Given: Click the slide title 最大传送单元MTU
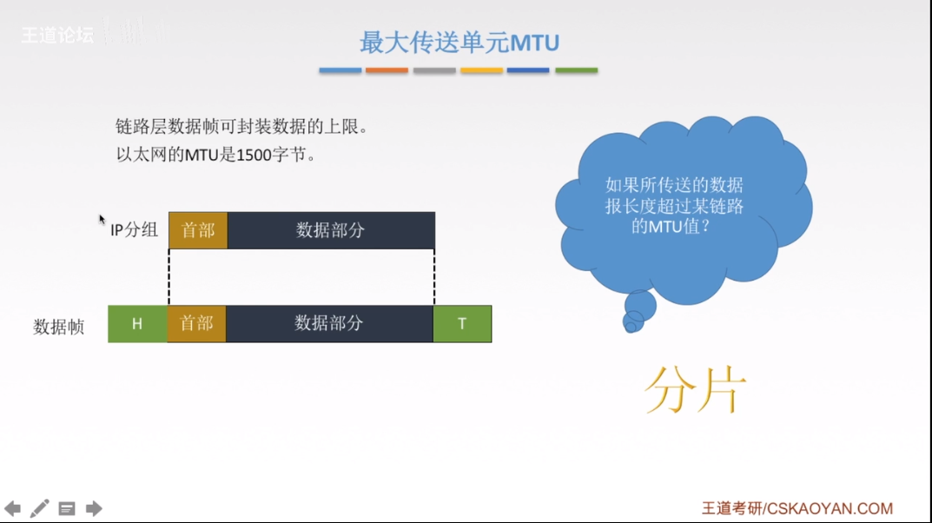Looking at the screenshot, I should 459,42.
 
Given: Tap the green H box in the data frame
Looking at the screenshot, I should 137,324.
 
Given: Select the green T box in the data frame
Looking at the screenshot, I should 462,324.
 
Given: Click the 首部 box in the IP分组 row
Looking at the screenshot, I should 198,230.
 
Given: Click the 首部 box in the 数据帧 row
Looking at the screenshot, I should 196,324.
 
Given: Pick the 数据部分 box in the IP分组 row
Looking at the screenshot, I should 331,230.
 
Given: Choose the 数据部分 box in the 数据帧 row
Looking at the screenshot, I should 329,324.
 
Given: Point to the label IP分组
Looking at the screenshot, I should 134,230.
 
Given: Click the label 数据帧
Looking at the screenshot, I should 59,328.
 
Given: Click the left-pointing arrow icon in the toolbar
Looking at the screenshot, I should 12,508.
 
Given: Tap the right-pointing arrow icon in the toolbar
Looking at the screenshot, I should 94,508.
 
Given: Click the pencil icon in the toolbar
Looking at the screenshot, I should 40,508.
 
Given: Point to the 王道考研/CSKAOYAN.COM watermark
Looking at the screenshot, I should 796,508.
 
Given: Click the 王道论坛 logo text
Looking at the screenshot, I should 57,36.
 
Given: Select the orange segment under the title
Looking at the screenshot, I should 387,70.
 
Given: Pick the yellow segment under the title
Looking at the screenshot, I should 481,70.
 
